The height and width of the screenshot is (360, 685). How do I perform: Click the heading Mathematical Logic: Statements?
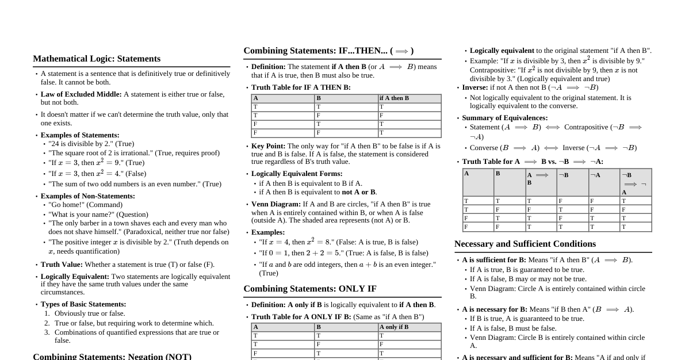click(97, 59)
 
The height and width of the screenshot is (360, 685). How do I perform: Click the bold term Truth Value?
click(62, 265)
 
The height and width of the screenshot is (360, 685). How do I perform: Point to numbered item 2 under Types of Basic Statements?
click(133, 323)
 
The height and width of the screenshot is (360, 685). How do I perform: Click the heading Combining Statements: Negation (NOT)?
click(112, 356)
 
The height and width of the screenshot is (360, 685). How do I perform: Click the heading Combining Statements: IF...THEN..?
click(328, 51)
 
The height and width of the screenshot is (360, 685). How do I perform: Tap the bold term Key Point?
click(268, 146)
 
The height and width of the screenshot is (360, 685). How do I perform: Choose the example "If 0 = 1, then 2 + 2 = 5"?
click(343, 253)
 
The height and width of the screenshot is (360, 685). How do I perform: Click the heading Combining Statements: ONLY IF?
click(310, 289)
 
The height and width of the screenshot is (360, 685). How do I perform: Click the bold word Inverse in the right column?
click(474, 87)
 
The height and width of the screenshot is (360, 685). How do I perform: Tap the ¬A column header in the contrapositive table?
click(595, 175)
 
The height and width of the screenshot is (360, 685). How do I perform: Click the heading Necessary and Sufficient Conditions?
click(525, 244)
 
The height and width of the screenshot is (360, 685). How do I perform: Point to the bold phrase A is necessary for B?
click(494, 309)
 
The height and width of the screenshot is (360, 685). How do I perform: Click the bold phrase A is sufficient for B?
click(493, 260)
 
